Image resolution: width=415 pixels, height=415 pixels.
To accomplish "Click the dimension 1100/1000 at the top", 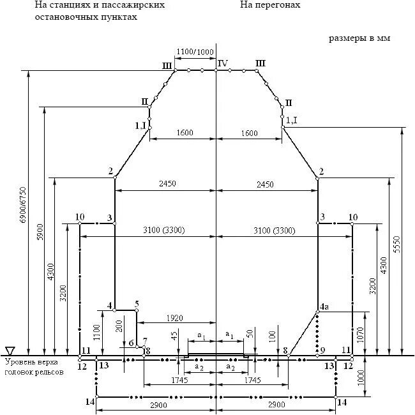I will (195, 52).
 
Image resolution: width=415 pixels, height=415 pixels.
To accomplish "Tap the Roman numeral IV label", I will (222, 63).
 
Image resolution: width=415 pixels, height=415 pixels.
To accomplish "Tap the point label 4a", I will (324, 306).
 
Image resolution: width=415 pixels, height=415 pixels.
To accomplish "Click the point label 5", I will (137, 304).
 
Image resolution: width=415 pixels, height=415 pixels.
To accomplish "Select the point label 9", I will (323, 350).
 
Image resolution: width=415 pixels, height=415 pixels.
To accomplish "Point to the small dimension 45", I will (174, 336).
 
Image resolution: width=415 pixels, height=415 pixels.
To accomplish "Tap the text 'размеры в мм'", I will (359, 38).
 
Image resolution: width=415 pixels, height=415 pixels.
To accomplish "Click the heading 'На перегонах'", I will (271, 5).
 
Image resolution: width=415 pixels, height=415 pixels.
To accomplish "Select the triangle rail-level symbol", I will (10, 351).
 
